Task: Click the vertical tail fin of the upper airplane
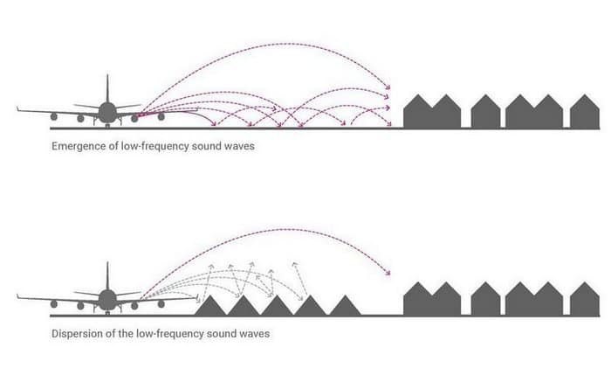(107, 88)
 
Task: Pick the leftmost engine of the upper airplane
(54, 116)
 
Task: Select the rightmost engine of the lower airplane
(161, 304)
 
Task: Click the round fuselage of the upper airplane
(107, 112)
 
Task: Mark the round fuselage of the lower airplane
(107, 300)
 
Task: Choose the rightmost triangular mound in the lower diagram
(346, 306)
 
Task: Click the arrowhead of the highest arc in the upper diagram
(388, 87)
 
